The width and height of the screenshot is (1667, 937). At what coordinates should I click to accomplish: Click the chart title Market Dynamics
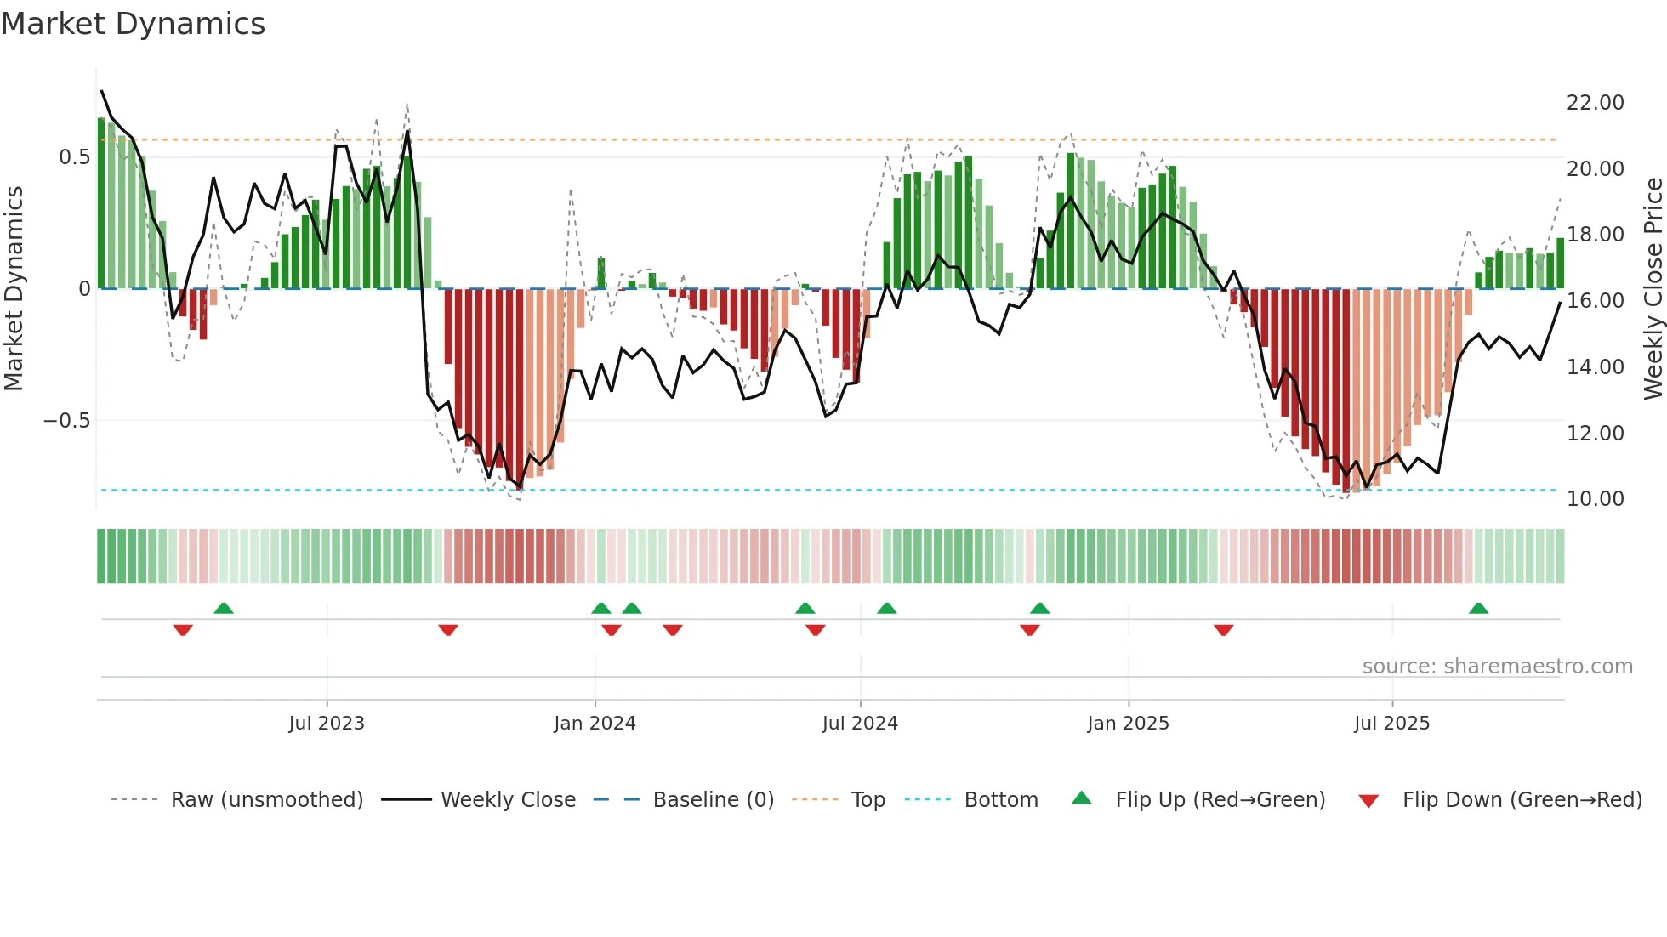click(133, 24)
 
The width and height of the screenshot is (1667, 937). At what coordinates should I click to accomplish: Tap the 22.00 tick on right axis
click(1595, 103)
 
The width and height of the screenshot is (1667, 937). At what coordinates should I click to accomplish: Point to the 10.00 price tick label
click(1595, 499)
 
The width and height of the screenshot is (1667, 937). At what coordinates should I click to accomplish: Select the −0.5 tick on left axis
click(66, 421)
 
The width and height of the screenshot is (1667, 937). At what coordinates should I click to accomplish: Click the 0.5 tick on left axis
click(74, 157)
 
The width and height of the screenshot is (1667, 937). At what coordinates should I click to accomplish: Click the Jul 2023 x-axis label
click(327, 724)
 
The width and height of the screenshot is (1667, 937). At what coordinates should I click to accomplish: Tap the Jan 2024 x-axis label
click(595, 724)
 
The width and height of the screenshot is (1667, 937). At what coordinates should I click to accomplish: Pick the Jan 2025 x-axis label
click(1128, 724)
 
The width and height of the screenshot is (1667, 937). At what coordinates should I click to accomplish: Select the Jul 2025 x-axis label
click(1391, 724)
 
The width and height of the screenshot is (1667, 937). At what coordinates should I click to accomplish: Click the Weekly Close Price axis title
click(1653, 289)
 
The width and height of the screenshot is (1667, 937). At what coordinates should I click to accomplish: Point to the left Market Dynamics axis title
click(14, 289)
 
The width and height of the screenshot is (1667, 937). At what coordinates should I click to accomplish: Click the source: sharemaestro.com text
click(1497, 667)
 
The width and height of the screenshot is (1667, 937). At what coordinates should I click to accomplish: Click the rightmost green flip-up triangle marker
click(1478, 609)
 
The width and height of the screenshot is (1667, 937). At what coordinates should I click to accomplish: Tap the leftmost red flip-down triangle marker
click(183, 630)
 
